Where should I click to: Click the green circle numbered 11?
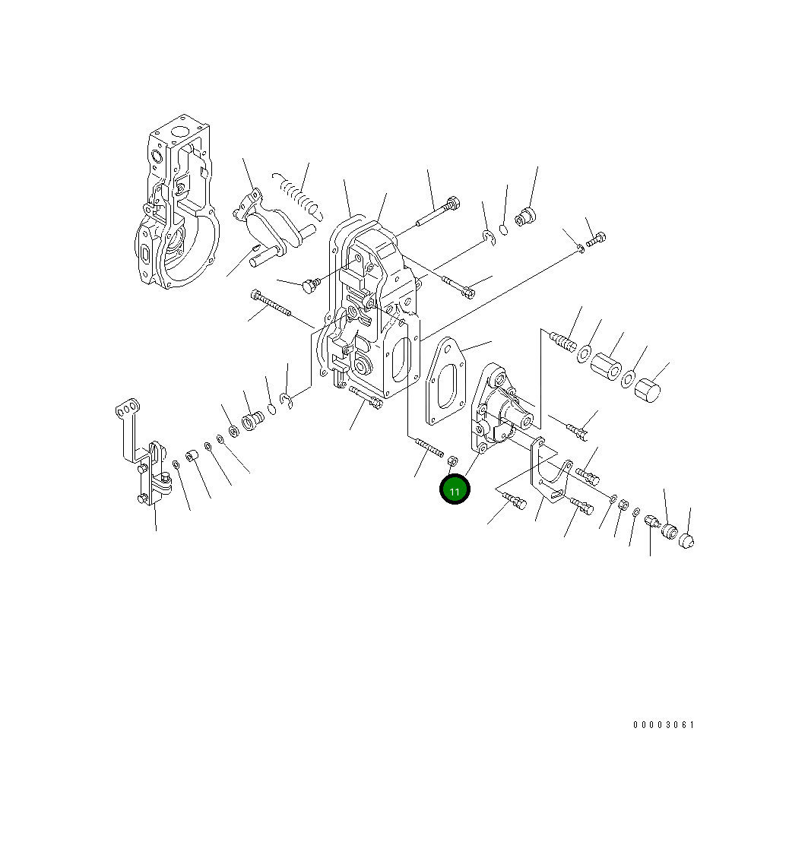tap(455, 490)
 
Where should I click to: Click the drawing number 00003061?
tap(664, 725)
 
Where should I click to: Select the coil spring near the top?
tap(296, 193)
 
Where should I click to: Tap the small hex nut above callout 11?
tap(452, 461)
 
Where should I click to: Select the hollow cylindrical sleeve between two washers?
tap(607, 366)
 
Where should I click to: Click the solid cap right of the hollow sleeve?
tap(648, 390)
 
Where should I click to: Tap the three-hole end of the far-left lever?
tap(127, 410)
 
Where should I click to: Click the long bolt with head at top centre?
tap(436, 213)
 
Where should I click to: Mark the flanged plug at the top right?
tap(524, 217)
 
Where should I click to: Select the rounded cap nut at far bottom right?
tap(686, 541)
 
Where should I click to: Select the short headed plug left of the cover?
tap(309, 286)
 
